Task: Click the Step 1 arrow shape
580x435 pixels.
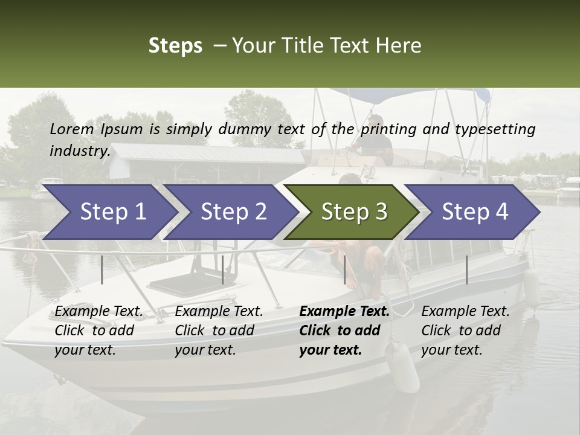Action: click(112, 212)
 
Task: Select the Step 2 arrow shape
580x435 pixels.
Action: click(233, 212)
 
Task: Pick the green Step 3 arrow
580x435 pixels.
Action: click(354, 212)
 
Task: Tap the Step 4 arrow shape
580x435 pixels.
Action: click(475, 212)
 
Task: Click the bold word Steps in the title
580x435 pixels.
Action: click(175, 46)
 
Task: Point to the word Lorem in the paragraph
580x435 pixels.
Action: click(71, 129)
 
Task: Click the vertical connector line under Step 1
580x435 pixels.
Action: click(102, 269)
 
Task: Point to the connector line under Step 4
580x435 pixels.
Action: click(466, 269)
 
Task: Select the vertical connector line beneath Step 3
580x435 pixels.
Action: click(344, 269)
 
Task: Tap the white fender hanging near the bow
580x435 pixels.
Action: click(403, 367)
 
